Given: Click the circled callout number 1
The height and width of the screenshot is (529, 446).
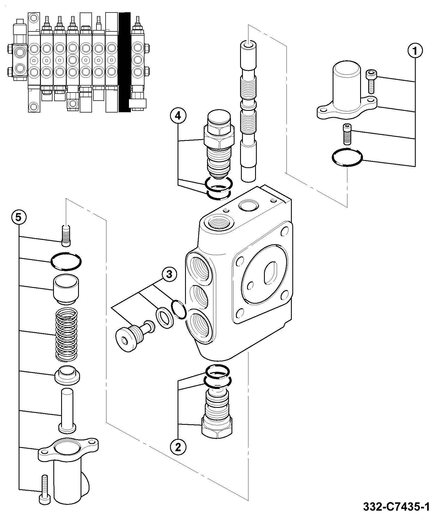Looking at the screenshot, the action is [415, 51].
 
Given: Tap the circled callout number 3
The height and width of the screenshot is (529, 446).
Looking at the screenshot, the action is [169, 275].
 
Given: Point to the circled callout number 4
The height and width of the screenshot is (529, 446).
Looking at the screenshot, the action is [178, 116].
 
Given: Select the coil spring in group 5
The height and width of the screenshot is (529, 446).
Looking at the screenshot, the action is [66, 335].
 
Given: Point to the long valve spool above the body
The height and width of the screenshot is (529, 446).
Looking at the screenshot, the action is [248, 111].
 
